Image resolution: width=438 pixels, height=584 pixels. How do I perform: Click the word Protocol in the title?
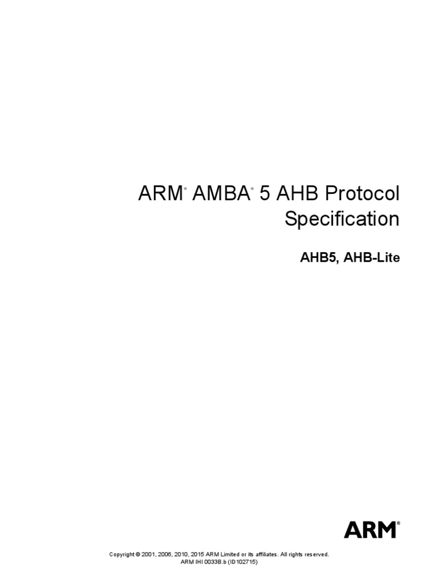pyautogui.click(x=362, y=194)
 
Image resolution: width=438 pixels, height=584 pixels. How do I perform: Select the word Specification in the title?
pyautogui.click(x=342, y=220)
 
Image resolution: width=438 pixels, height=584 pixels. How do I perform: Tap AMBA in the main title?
pyautogui.click(x=220, y=194)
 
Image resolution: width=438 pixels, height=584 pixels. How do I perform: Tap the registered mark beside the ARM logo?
pyautogui.click(x=398, y=521)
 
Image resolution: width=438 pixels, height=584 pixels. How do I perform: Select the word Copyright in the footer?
pyautogui.click(x=122, y=554)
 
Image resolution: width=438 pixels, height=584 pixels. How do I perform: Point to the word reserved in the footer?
pyautogui.click(x=315, y=554)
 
